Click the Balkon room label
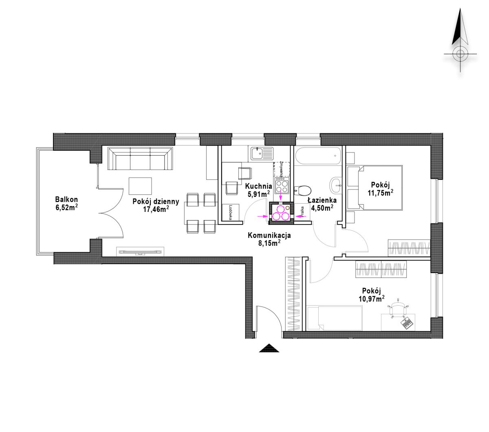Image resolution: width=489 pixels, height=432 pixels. pyautogui.click(x=66, y=199)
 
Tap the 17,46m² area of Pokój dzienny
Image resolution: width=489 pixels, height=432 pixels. pyautogui.click(x=156, y=209)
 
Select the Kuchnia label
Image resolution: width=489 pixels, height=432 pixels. pyautogui.click(x=258, y=186)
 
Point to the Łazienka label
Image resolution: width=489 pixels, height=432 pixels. pyautogui.click(x=322, y=200)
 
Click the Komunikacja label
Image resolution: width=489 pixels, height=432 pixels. pyautogui.click(x=269, y=235)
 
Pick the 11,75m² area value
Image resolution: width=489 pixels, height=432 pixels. pyautogui.click(x=381, y=193)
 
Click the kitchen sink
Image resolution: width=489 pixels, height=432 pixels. pyautogui.click(x=262, y=153)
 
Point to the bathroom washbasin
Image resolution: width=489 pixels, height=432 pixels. pyautogui.click(x=336, y=186)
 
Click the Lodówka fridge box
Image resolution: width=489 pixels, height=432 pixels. pyautogui.click(x=231, y=212)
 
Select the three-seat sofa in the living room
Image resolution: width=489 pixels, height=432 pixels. pyautogui.click(x=140, y=159)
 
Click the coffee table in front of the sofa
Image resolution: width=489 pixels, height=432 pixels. pyautogui.click(x=140, y=186)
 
